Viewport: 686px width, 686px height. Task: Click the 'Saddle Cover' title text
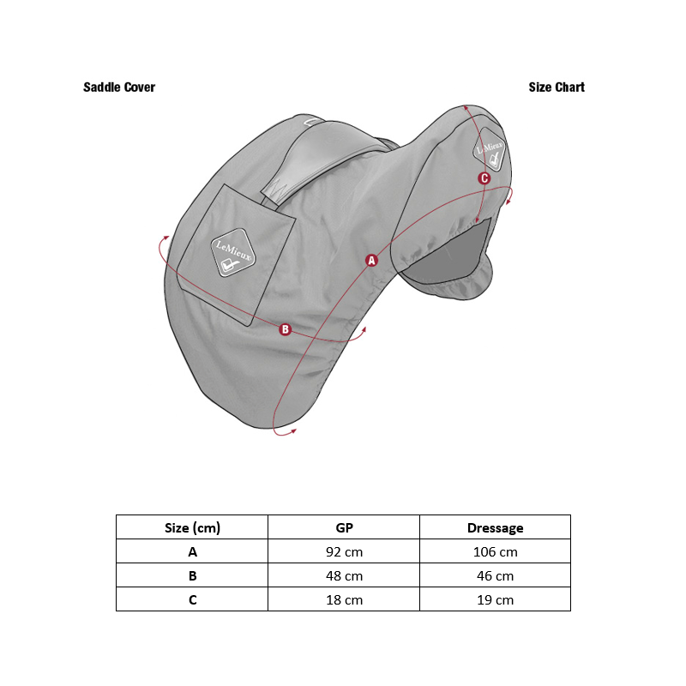[119, 87]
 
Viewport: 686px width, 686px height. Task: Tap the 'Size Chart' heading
[557, 87]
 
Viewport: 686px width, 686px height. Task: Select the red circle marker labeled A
[371, 261]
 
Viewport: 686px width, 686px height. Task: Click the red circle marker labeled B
[286, 329]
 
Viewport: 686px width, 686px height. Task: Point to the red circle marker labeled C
[484, 178]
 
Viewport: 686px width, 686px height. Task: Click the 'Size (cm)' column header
[192, 527]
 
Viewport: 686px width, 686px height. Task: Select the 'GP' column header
[345, 527]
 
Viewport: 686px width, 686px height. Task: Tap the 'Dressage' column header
[496, 528]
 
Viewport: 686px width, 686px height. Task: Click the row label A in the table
[192, 552]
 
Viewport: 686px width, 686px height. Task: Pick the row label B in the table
[192, 575]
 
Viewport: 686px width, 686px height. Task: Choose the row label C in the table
[192, 599]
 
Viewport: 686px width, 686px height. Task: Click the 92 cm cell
[345, 552]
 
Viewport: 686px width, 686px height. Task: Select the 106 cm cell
[496, 552]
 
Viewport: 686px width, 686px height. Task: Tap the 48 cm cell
[345, 575]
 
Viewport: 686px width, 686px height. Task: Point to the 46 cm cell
[496, 575]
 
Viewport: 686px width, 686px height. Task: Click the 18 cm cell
[345, 599]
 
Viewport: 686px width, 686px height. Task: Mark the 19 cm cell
[496, 599]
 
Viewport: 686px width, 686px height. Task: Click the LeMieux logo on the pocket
[233, 252]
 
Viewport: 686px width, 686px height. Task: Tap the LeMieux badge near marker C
[489, 149]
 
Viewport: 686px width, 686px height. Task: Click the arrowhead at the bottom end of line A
[293, 431]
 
